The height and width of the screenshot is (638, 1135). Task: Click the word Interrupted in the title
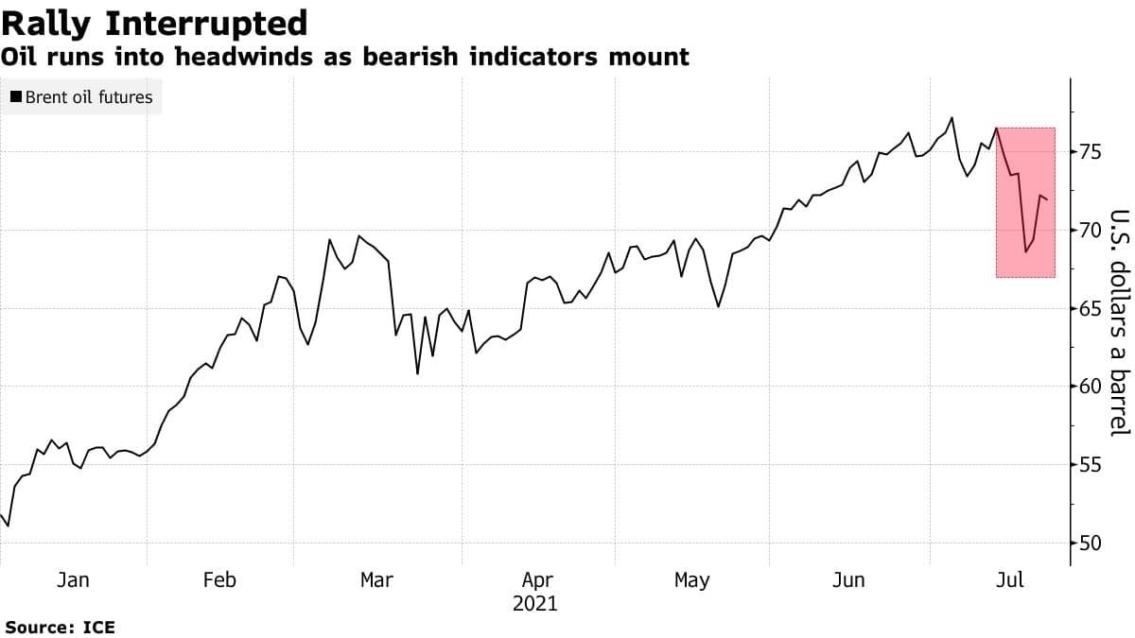point(210,22)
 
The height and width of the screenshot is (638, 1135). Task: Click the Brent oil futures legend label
point(88,96)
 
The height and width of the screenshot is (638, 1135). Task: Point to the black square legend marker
point(16,96)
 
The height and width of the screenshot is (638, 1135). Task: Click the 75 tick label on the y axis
point(1089,151)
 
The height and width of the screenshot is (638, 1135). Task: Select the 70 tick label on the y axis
point(1089,230)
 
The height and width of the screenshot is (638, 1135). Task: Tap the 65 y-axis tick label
point(1089,308)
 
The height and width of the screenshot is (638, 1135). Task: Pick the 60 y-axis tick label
point(1089,387)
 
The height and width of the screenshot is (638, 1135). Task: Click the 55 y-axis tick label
point(1089,465)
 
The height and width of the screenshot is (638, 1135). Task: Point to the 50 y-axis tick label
point(1089,543)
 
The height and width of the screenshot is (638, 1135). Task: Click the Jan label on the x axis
point(73,579)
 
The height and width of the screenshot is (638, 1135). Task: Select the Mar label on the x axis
point(376,579)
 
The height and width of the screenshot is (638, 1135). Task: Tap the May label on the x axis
point(691,579)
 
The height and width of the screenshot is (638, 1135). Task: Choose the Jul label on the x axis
point(1011,579)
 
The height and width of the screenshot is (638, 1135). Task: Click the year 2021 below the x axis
point(535,603)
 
